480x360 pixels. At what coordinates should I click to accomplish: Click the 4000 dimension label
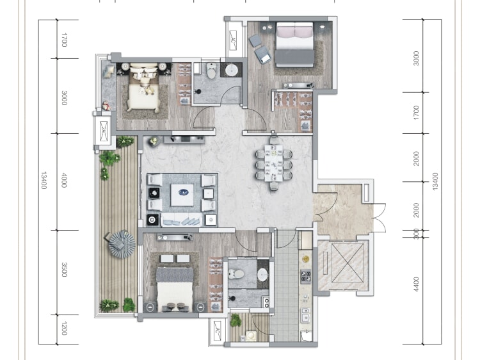pos(64,180)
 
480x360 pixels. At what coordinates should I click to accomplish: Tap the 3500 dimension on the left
pos(64,270)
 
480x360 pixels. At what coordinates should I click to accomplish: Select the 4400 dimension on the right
pos(416,284)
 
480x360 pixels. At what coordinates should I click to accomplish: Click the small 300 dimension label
pos(416,234)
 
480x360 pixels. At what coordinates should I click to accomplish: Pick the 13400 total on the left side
pos(44,180)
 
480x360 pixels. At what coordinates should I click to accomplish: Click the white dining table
pos(274,163)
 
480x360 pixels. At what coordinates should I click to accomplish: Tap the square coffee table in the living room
pos(182,195)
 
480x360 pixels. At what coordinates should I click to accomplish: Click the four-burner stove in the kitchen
pos(305,276)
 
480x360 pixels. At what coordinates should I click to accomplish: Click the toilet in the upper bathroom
pos(211,70)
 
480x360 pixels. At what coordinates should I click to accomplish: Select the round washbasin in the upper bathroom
pos(232,70)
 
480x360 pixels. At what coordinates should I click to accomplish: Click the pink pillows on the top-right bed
pos(295,31)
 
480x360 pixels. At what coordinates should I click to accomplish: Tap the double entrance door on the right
pos(380,218)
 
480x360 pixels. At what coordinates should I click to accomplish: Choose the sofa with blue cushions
pos(181,220)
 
